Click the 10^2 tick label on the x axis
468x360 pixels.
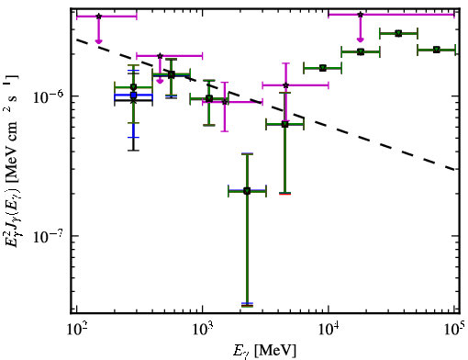point(77,332)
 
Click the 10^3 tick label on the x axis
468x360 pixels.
point(203,332)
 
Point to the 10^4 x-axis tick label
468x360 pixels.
point(329,332)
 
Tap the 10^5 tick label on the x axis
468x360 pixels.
point(454,332)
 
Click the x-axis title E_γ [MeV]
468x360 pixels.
point(264,351)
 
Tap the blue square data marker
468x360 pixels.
point(133,96)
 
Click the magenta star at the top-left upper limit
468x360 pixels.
point(98,17)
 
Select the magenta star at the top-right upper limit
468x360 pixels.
point(361,15)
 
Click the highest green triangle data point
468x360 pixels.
point(398,33)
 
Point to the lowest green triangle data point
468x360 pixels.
point(247,192)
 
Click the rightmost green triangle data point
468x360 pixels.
point(437,50)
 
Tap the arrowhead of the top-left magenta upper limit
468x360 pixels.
point(98,41)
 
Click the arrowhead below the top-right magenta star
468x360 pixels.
point(361,39)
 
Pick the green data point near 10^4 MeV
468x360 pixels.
point(323,68)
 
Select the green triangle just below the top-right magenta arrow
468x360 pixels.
point(361,51)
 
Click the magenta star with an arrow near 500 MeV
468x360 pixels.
point(160,56)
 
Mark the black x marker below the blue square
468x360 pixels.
point(133,100)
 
